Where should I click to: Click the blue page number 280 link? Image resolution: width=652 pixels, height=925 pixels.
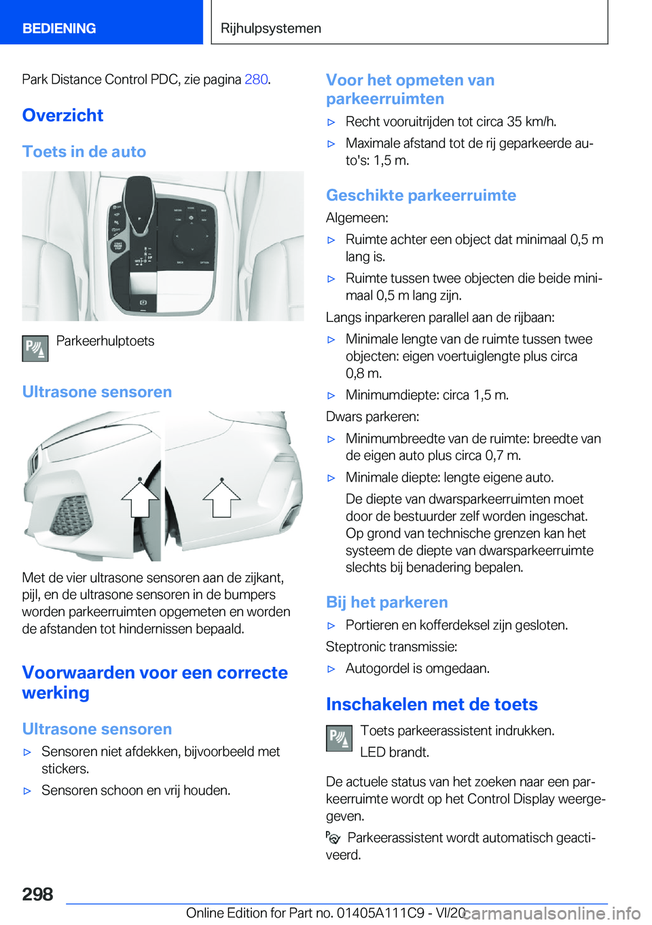click(256, 79)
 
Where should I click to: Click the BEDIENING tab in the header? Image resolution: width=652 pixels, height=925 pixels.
click(59, 29)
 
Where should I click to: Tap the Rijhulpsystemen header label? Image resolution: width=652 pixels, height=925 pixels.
click(271, 29)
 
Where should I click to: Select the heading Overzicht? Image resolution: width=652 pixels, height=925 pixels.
click(62, 115)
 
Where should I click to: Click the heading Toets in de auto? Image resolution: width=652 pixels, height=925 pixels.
click(84, 151)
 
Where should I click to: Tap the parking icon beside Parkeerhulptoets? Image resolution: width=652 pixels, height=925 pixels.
click(35, 348)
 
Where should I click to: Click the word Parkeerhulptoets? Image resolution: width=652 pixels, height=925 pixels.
click(105, 341)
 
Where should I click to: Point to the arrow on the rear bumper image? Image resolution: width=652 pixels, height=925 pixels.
click(221, 498)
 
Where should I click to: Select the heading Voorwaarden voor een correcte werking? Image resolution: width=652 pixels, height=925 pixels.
click(155, 682)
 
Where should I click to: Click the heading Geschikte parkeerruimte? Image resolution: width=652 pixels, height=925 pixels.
click(421, 196)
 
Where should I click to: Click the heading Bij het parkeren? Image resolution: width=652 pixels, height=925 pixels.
click(387, 602)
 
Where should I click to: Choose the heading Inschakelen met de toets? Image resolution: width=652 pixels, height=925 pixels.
click(432, 704)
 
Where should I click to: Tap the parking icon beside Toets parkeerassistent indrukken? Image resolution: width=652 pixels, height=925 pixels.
click(339, 738)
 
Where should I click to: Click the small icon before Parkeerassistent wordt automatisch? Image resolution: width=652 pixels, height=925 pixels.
click(333, 838)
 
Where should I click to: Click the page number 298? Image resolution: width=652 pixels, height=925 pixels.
click(38, 894)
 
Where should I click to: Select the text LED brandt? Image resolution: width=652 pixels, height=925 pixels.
click(395, 752)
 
